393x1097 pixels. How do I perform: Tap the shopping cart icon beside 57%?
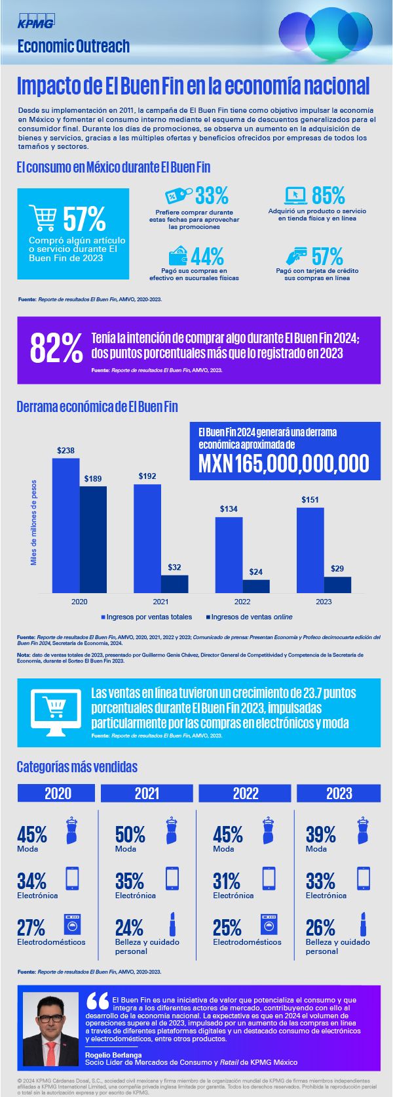(43, 218)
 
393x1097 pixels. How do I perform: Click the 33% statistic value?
(212, 195)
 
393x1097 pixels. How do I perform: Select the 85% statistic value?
(327, 195)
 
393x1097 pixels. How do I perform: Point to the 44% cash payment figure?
(208, 255)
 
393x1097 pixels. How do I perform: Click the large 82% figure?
(56, 348)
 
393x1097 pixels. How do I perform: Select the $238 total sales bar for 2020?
(65, 525)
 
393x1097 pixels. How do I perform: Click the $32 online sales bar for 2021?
(174, 583)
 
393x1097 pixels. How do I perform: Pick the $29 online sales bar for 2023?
(337, 585)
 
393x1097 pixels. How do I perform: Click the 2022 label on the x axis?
(242, 602)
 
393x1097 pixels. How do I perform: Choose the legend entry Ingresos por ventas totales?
(146, 617)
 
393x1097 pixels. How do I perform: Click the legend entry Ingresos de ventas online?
(249, 617)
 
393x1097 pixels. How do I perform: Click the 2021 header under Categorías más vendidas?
(147, 793)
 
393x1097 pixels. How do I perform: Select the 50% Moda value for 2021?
(130, 835)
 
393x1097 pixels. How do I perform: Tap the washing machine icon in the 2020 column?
(72, 924)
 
